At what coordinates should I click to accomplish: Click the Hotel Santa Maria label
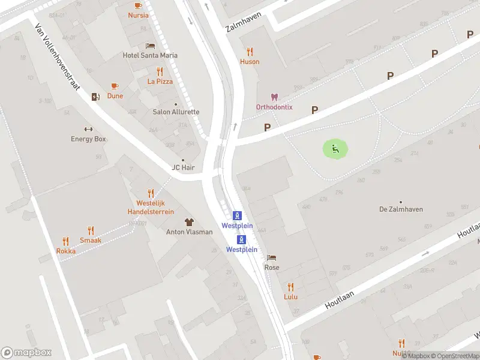[150, 55]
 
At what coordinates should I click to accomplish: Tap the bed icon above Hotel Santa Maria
[150, 46]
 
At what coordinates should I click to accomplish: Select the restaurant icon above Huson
[250, 52]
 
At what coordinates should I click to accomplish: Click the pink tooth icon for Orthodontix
[274, 97]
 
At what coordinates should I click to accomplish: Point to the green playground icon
[335, 149]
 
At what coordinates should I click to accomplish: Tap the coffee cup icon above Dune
[115, 86]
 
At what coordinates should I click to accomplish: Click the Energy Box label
[88, 139]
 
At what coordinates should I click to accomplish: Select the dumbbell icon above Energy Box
[88, 129]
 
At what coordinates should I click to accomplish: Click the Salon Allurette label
[176, 112]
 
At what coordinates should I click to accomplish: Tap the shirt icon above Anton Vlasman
[189, 222]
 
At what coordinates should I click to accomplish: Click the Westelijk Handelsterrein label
[151, 208]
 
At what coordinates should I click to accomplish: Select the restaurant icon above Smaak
[91, 230]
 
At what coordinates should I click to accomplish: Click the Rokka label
[66, 251]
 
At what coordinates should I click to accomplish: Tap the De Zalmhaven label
[401, 209]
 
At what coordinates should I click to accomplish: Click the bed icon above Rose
[272, 258]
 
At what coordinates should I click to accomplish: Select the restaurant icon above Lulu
[291, 287]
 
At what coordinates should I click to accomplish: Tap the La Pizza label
[160, 81]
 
